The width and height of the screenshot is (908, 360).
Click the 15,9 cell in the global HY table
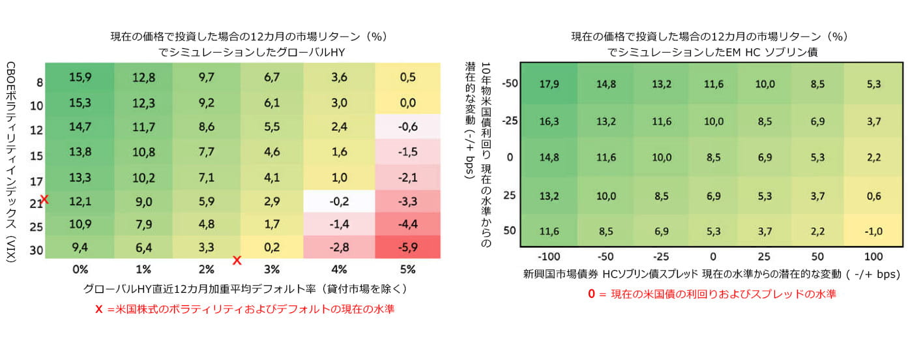(x=80, y=78)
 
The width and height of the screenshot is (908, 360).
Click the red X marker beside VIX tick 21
(x=44, y=199)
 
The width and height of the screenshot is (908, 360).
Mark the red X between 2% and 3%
(x=237, y=260)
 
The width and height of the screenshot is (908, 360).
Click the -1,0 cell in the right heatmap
(x=875, y=230)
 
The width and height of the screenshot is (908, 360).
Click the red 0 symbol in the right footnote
(x=592, y=294)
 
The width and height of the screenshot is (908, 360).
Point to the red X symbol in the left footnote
(x=99, y=310)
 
